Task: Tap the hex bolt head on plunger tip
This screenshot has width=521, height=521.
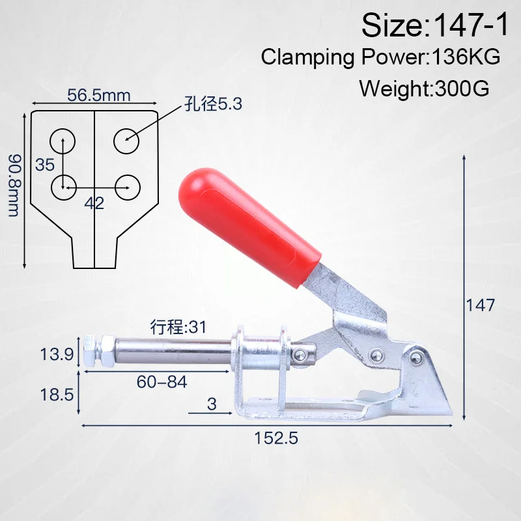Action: (x=89, y=351)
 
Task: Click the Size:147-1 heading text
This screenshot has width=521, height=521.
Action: (x=434, y=25)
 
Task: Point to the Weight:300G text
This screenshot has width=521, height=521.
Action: (x=425, y=89)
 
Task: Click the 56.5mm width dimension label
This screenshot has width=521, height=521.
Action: (x=99, y=95)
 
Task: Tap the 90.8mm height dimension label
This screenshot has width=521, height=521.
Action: (x=14, y=185)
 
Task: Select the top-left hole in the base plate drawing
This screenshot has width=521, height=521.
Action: (x=63, y=141)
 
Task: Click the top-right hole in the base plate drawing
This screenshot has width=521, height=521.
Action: (x=126, y=141)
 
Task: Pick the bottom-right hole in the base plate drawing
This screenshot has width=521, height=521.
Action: (x=127, y=188)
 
